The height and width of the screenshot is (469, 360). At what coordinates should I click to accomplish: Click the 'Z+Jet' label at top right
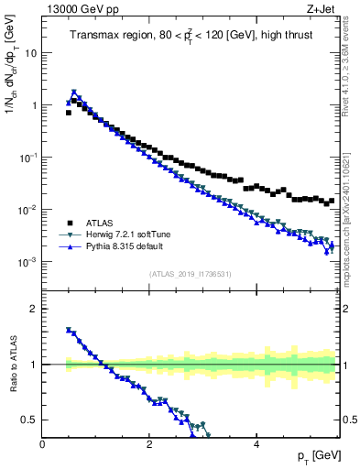click(325, 10)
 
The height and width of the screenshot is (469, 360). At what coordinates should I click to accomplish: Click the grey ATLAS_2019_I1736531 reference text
click(191, 274)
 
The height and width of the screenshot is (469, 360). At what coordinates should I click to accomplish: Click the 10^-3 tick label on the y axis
click(27, 262)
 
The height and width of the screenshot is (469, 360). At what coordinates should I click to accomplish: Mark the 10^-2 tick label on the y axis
click(27, 210)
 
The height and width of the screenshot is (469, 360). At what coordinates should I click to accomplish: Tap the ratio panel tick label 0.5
click(28, 420)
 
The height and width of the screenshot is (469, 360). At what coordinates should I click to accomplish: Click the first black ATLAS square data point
click(68, 113)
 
